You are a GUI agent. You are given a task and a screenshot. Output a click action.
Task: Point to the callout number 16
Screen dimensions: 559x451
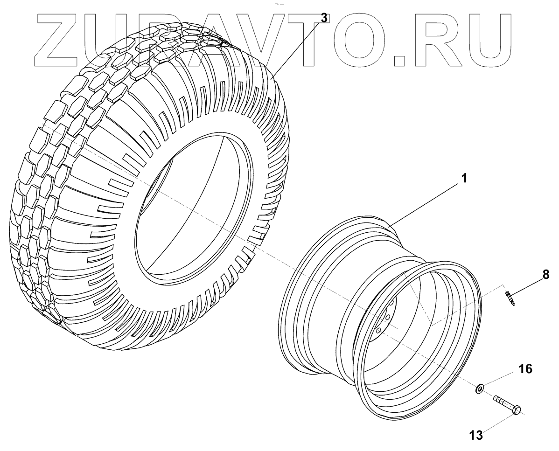[525, 369]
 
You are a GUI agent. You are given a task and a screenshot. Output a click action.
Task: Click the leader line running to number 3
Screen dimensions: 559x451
[299, 47]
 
